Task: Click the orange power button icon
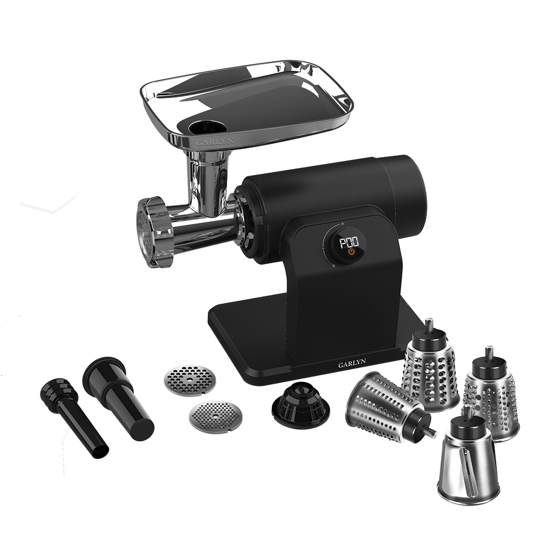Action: point(351,252)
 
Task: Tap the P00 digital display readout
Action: point(350,242)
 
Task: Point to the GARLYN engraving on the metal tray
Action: point(215,142)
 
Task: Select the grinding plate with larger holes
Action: point(190,381)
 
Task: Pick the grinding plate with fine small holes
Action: point(216,417)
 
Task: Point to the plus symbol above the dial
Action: point(343,224)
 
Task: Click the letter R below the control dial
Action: point(334,266)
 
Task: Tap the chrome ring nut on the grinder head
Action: point(155,232)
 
